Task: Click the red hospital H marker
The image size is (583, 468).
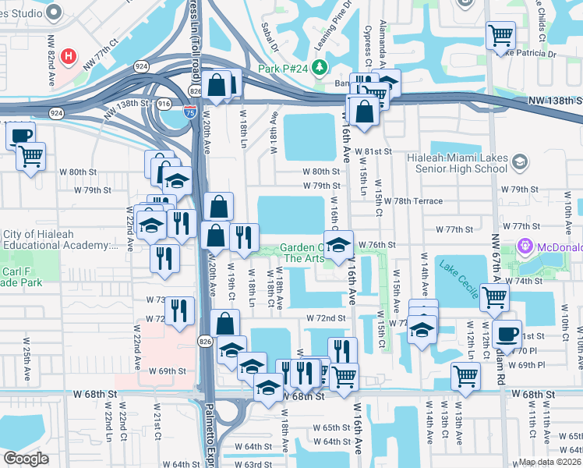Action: [x=69, y=57]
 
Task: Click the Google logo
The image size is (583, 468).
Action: [x=26, y=459]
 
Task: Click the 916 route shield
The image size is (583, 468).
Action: [x=164, y=104]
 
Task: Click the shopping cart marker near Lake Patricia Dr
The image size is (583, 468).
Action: [x=500, y=34]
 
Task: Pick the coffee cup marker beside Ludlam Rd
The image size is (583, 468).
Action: [x=507, y=334]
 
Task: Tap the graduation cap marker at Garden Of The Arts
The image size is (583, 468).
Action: [x=339, y=246]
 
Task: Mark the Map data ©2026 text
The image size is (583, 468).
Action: [x=550, y=462]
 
